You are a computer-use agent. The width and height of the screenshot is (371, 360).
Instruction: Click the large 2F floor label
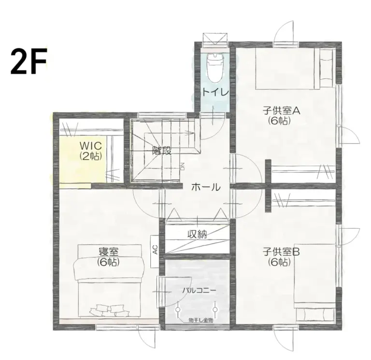pos(29,62)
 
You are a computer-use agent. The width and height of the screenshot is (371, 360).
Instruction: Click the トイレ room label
pos(213,92)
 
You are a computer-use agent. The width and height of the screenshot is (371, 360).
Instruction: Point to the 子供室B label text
pos(282,251)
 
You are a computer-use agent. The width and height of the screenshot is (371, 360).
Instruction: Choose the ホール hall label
pos(206,187)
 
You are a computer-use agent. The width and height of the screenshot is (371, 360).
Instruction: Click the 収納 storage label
pos(197,235)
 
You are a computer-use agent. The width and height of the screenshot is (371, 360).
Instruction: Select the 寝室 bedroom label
pos(109,251)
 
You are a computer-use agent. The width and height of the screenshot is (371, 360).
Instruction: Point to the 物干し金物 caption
pos(200,319)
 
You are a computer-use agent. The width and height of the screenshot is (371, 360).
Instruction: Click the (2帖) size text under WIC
pos(90,156)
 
